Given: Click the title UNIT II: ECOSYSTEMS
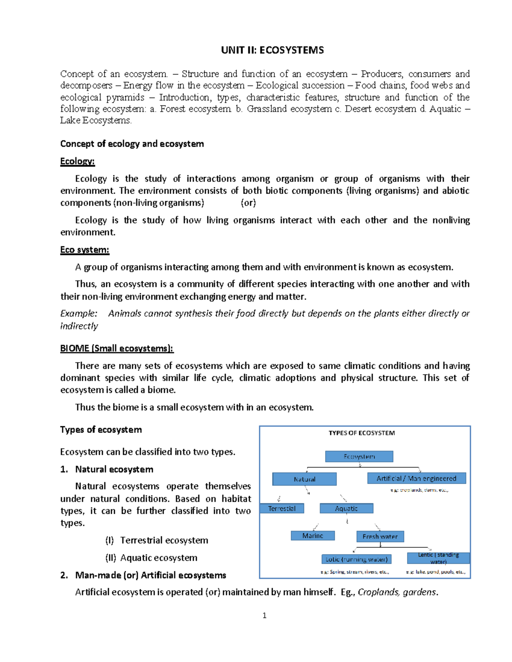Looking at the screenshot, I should click(x=272, y=50).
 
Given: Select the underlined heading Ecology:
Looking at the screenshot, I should click(x=77, y=161).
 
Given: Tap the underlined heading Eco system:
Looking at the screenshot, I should click(x=84, y=250).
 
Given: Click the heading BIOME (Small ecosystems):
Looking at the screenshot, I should click(x=116, y=348).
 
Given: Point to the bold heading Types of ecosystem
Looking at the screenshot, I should click(x=101, y=430).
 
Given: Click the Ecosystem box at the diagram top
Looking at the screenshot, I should click(x=359, y=457).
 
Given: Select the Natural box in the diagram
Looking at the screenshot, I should click(x=304, y=479).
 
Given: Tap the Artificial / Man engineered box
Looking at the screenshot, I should click(x=416, y=478).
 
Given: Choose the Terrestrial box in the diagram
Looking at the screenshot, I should click(x=282, y=509).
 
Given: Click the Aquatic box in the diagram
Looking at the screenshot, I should click(x=346, y=509).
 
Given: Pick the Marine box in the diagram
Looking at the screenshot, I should click(x=312, y=536).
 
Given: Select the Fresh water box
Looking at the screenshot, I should click(x=380, y=537).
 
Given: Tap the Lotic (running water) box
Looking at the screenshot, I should click(x=356, y=559).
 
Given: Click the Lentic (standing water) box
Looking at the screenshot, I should click(x=438, y=558).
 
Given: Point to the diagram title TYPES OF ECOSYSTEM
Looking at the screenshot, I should click(x=361, y=433).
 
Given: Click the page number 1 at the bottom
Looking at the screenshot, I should click(x=265, y=615).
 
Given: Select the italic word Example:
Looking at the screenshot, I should click(x=79, y=314).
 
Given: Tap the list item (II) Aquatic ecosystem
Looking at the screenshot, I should click(x=151, y=558).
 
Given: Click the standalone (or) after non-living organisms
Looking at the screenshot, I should click(x=248, y=203).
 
